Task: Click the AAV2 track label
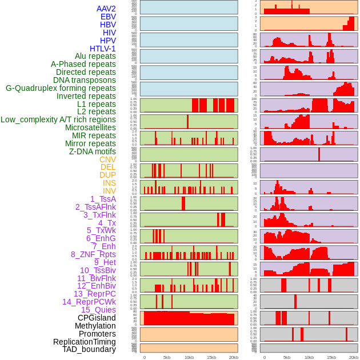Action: coord(106,9)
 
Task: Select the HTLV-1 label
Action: coord(103,49)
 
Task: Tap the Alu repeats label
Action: coord(95,56)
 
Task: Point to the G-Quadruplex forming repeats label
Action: coord(61,88)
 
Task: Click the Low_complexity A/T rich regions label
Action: coord(58,119)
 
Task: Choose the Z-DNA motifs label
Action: coord(93,151)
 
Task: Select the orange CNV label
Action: coord(107,159)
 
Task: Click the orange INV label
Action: coord(109,191)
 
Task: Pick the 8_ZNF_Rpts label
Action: coord(93,254)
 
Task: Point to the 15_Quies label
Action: coord(98,310)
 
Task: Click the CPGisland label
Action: coord(97,318)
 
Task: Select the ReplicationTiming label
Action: coord(85,342)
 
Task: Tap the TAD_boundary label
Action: coord(89,349)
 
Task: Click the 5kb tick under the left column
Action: coord(167,357)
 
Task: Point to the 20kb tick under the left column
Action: coord(234,357)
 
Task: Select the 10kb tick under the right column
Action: coord(309,357)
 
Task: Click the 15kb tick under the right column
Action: coord(331,357)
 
